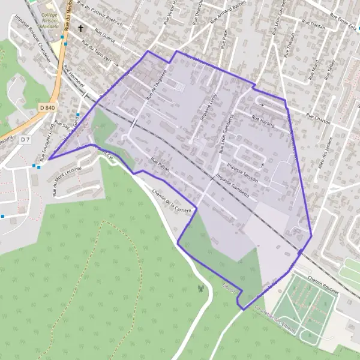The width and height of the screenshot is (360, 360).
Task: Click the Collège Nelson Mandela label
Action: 48,23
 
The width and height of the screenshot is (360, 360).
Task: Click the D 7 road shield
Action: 25,139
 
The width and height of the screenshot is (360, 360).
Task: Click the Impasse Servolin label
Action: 243,167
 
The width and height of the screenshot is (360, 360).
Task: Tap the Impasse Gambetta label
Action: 232,186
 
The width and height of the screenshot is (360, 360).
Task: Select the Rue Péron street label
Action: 161,165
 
